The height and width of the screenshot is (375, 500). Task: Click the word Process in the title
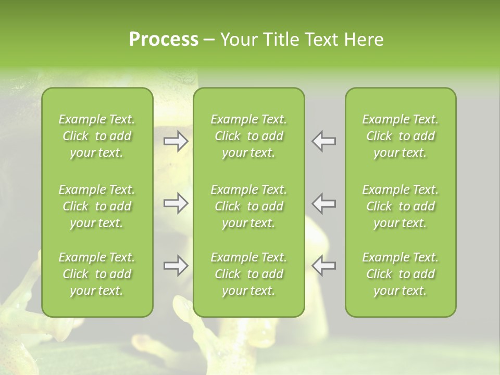[x=164, y=40]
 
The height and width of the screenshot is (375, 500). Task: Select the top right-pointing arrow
[x=176, y=141]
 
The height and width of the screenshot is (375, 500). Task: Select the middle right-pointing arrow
[x=176, y=203]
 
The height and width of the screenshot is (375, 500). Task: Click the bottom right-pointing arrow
[x=176, y=266]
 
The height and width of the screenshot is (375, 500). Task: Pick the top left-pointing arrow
[x=324, y=141]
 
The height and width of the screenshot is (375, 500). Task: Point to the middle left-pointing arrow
[x=324, y=203]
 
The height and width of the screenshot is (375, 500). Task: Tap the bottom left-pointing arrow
[x=324, y=266]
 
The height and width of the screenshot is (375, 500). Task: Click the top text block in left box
[x=97, y=136]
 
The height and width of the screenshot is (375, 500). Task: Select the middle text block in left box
[x=97, y=206]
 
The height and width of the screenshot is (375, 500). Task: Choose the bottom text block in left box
[x=97, y=274]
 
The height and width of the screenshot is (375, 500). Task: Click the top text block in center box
[x=249, y=136]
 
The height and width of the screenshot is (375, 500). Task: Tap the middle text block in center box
[x=249, y=206]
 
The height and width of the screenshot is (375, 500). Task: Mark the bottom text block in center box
[x=249, y=274]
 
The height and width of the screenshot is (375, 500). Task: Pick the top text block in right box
[x=401, y=136]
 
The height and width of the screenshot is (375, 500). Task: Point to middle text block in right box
[x=401, y=206]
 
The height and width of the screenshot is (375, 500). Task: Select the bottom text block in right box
[x=401, y=274]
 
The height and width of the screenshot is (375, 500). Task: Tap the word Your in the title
[x=238, y=40]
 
